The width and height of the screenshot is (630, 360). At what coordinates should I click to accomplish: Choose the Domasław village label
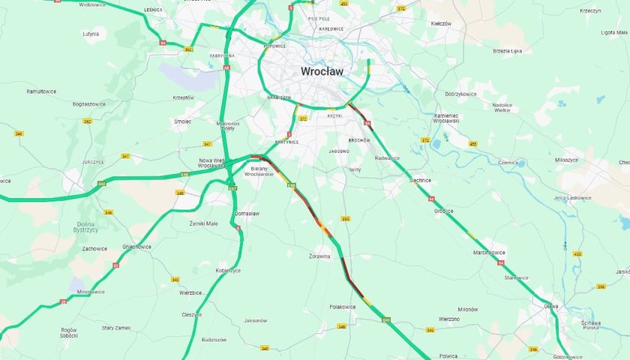coord(247,213)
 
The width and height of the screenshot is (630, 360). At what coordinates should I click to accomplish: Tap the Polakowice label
coord(343,307)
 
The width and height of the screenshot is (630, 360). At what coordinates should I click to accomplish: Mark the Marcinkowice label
coord(490,252)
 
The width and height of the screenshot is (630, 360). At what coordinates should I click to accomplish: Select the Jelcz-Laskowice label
coord(572,197)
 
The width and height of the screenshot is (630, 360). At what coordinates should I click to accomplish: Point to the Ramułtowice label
coord(42,91)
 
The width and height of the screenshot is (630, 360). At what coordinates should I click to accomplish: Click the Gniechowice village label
coord(137,246)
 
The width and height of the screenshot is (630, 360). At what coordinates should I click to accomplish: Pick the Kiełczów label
coord(441,23)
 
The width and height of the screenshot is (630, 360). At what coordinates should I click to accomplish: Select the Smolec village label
coord(182,121)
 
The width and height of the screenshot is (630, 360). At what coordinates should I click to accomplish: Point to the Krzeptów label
coord(183,97)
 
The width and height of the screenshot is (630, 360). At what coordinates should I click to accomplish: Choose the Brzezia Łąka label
coord(507,50)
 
